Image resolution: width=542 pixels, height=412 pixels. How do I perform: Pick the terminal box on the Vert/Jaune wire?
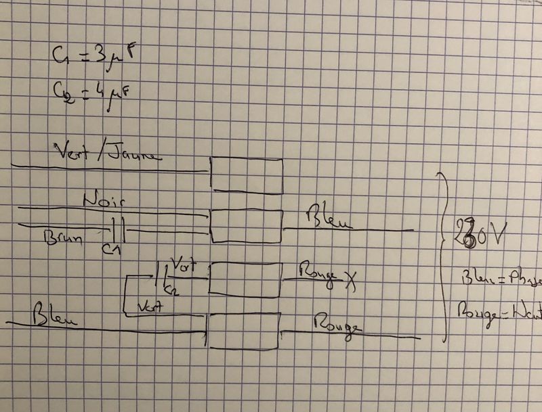pyautogui.click(x=247, y=175)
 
